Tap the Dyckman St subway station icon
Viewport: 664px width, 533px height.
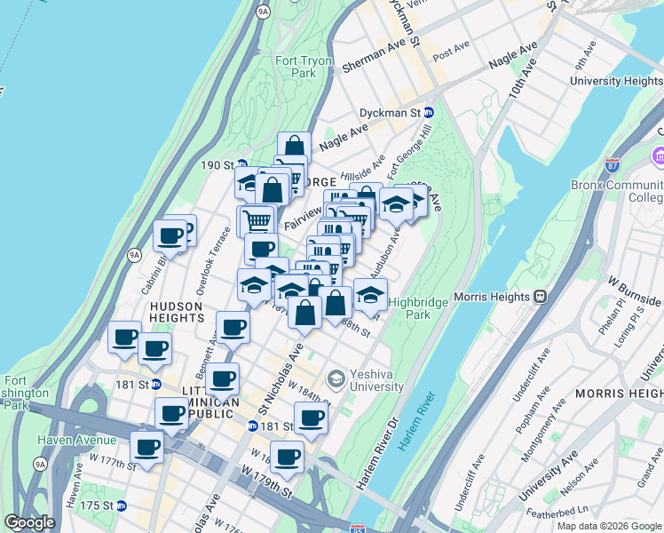pyautogui.click(x=428, y=113)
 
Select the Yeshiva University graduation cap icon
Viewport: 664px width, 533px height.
pyautogui.click(x=336, y=379)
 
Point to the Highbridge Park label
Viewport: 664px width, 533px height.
pyautogui.click(x=418, y=308)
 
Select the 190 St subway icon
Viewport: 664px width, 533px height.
pyautogui.click(x=241, y=164)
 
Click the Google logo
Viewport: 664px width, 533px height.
pyautogui.click(x=30, y=522)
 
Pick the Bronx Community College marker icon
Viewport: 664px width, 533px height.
pyautogui.click(x=658, y=157)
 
